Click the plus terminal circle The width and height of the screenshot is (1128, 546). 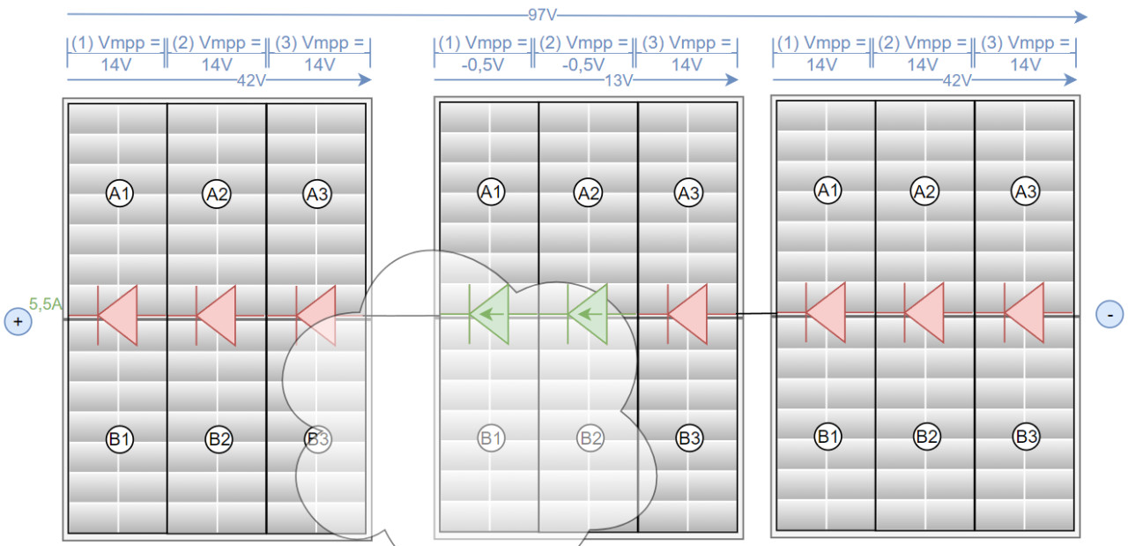(18, 322)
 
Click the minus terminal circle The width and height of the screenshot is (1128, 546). (1109, 314)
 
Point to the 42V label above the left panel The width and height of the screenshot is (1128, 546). (251, 80)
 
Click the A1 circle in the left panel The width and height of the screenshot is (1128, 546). (120, 193)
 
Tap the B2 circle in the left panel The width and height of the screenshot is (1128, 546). (219, 438)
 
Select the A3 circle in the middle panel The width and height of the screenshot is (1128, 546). (687, 192)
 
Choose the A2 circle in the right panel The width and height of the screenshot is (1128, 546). (925, 191)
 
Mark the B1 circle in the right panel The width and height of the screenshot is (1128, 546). (827, 435)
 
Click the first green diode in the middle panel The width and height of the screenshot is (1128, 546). (489, 314)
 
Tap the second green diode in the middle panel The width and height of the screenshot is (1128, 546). (589, 314)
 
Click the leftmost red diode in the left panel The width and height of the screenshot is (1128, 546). (117, 315)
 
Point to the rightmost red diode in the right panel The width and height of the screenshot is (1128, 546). (1024, 313)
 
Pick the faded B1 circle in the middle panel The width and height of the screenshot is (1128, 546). (491, 437)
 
